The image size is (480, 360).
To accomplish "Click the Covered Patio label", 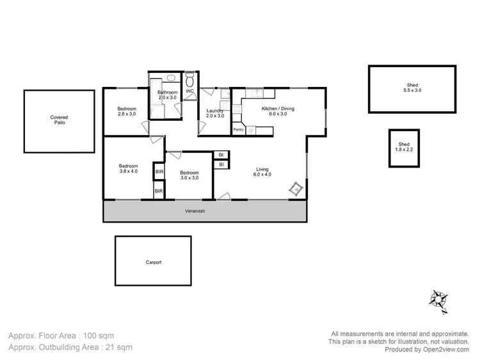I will point(59,120).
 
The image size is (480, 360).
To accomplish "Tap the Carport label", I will point(153,262).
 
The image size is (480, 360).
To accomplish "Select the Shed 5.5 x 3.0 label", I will point(414,88).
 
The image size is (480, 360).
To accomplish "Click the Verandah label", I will point(195,212).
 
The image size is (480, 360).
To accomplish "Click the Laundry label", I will point(215,113).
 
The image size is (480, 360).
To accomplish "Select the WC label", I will point(189,91).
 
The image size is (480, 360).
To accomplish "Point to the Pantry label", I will point(238,130).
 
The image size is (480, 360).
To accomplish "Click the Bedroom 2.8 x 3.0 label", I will point(127,111).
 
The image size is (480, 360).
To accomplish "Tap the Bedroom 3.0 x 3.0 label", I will point(189,175).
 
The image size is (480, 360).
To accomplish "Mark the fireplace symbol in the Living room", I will point(296,189).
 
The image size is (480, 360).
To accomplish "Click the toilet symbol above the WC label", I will point(189,81).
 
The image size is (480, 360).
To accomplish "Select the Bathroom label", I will point(167,95).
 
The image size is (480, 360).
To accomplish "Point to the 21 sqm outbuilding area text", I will point(70,347).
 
